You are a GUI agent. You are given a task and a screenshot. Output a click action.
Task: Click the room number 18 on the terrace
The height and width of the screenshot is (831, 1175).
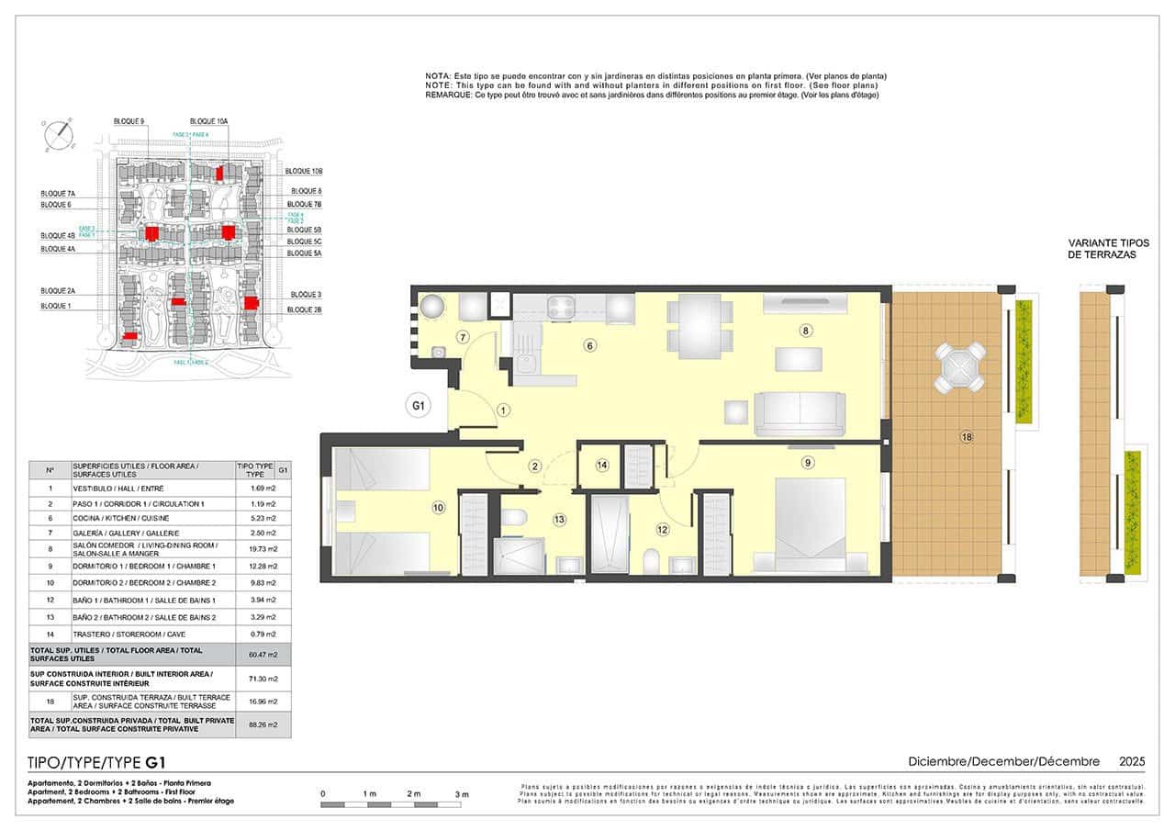(x=966, y=436)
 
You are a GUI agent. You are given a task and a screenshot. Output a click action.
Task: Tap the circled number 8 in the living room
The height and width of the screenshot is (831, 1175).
(x=805, y=331)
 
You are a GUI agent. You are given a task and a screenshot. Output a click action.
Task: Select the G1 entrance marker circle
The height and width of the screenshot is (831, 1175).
(x=419, y=405)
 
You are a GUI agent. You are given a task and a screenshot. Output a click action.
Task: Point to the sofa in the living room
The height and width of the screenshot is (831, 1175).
(x=799, y=414)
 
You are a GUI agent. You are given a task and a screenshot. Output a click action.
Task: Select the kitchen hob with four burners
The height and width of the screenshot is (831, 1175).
(x=561, y=306)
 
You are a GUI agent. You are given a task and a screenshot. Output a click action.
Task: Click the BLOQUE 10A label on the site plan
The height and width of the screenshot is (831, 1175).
(x=209, y=121)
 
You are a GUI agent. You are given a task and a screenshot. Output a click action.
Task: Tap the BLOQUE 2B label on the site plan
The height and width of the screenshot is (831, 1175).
(x=305, y=310)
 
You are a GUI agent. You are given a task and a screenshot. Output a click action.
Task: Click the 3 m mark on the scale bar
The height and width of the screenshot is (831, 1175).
(x=462, y=793)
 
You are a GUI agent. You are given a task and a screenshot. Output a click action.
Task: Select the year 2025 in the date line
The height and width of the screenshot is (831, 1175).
(x=1132, y=761)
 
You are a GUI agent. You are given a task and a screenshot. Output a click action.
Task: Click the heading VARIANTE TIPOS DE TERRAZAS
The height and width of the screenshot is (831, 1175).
(x=1108, y=249)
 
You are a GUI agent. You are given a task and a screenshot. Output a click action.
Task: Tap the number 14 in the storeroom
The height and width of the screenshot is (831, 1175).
(x=602, y=466)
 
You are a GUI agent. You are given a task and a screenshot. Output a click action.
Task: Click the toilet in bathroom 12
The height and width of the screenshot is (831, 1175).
(x=652, y=559)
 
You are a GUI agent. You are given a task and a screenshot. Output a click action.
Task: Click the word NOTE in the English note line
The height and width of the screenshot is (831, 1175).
(x=438, y=85)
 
